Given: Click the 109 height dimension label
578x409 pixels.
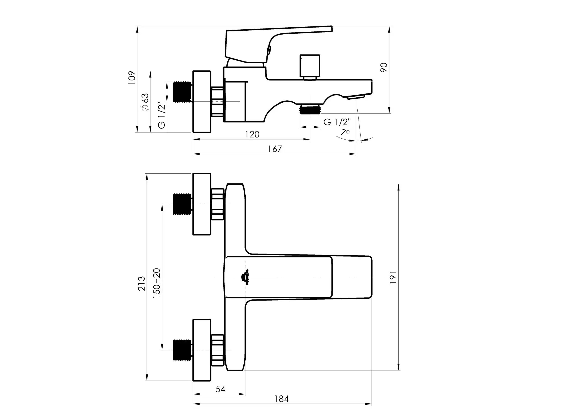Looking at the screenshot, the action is (x=132, y=78).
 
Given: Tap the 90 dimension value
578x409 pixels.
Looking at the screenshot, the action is (x=384, y=68).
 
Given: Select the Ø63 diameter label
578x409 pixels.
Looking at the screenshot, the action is (x=145, y=102).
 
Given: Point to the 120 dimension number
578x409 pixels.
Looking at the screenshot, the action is (x=252, y=134).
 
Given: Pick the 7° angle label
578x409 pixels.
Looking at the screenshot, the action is (x=345, y=132).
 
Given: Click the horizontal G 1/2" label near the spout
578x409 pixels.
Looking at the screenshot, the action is (x=337, y=122).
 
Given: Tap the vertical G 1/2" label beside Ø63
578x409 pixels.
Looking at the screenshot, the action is (x=162, y=115).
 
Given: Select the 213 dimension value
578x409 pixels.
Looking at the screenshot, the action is (x=142, y=284).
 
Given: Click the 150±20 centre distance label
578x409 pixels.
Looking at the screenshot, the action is (x=157, y=284).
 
